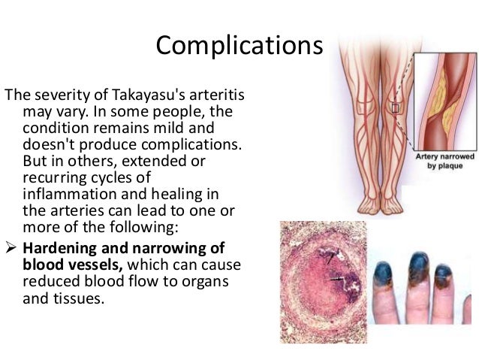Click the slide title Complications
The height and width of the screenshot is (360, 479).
pos(239,46)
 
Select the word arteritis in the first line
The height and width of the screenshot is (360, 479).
pos(218,95)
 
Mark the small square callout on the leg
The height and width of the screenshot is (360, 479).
pos(395,107)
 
